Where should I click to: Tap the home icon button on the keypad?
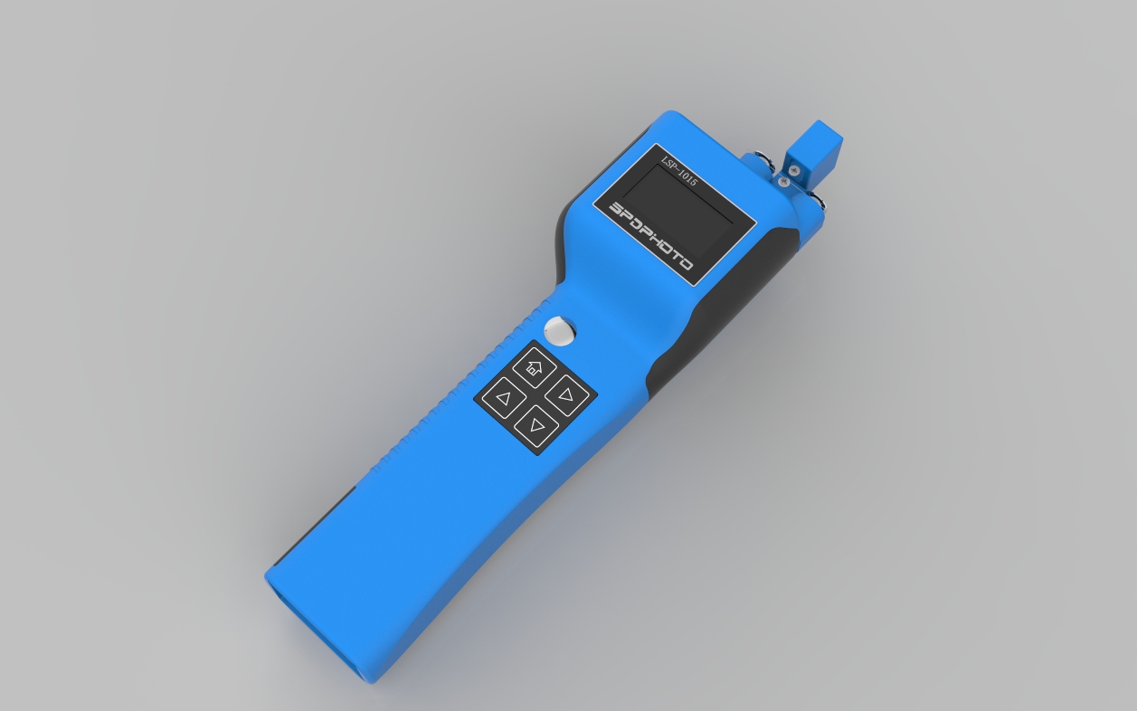click(x=534, y=367)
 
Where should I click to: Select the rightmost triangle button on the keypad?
click(x=567, y=394)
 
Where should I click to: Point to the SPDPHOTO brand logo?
click(x=650, y=235)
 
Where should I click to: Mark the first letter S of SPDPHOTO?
click(x=616, y=208)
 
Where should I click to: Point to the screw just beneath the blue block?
click(x=784, y=182)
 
